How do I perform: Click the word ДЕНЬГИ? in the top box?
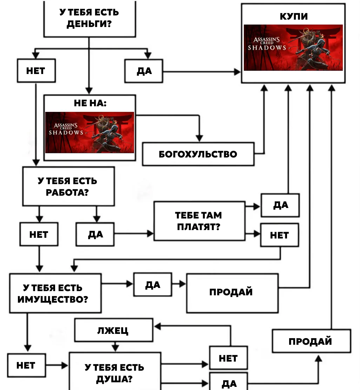(89, 24)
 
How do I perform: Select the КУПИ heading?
(294, 16)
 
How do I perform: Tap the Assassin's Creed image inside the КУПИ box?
(293, 47)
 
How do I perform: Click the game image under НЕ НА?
(89, 132)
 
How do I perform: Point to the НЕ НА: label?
(90, 103)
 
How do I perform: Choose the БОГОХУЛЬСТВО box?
(198, 154)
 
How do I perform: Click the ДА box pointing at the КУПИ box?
(144, 71)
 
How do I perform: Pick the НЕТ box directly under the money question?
(36, 70)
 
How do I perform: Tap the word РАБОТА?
(67, 193)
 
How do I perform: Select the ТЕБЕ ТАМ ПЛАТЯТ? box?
(199, 221)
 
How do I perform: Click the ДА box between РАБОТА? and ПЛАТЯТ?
(95, 234)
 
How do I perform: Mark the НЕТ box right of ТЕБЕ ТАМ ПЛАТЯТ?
(280, 235)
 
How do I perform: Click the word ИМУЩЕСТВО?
(53, 299)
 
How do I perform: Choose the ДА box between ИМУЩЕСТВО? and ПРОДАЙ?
(153, 284)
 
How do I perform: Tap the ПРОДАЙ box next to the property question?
(232, 293)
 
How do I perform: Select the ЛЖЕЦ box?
(114, 330)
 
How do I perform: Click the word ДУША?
(114, 379)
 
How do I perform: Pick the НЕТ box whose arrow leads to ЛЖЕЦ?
(229, 358)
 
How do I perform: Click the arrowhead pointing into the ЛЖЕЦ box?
(158, 326)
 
